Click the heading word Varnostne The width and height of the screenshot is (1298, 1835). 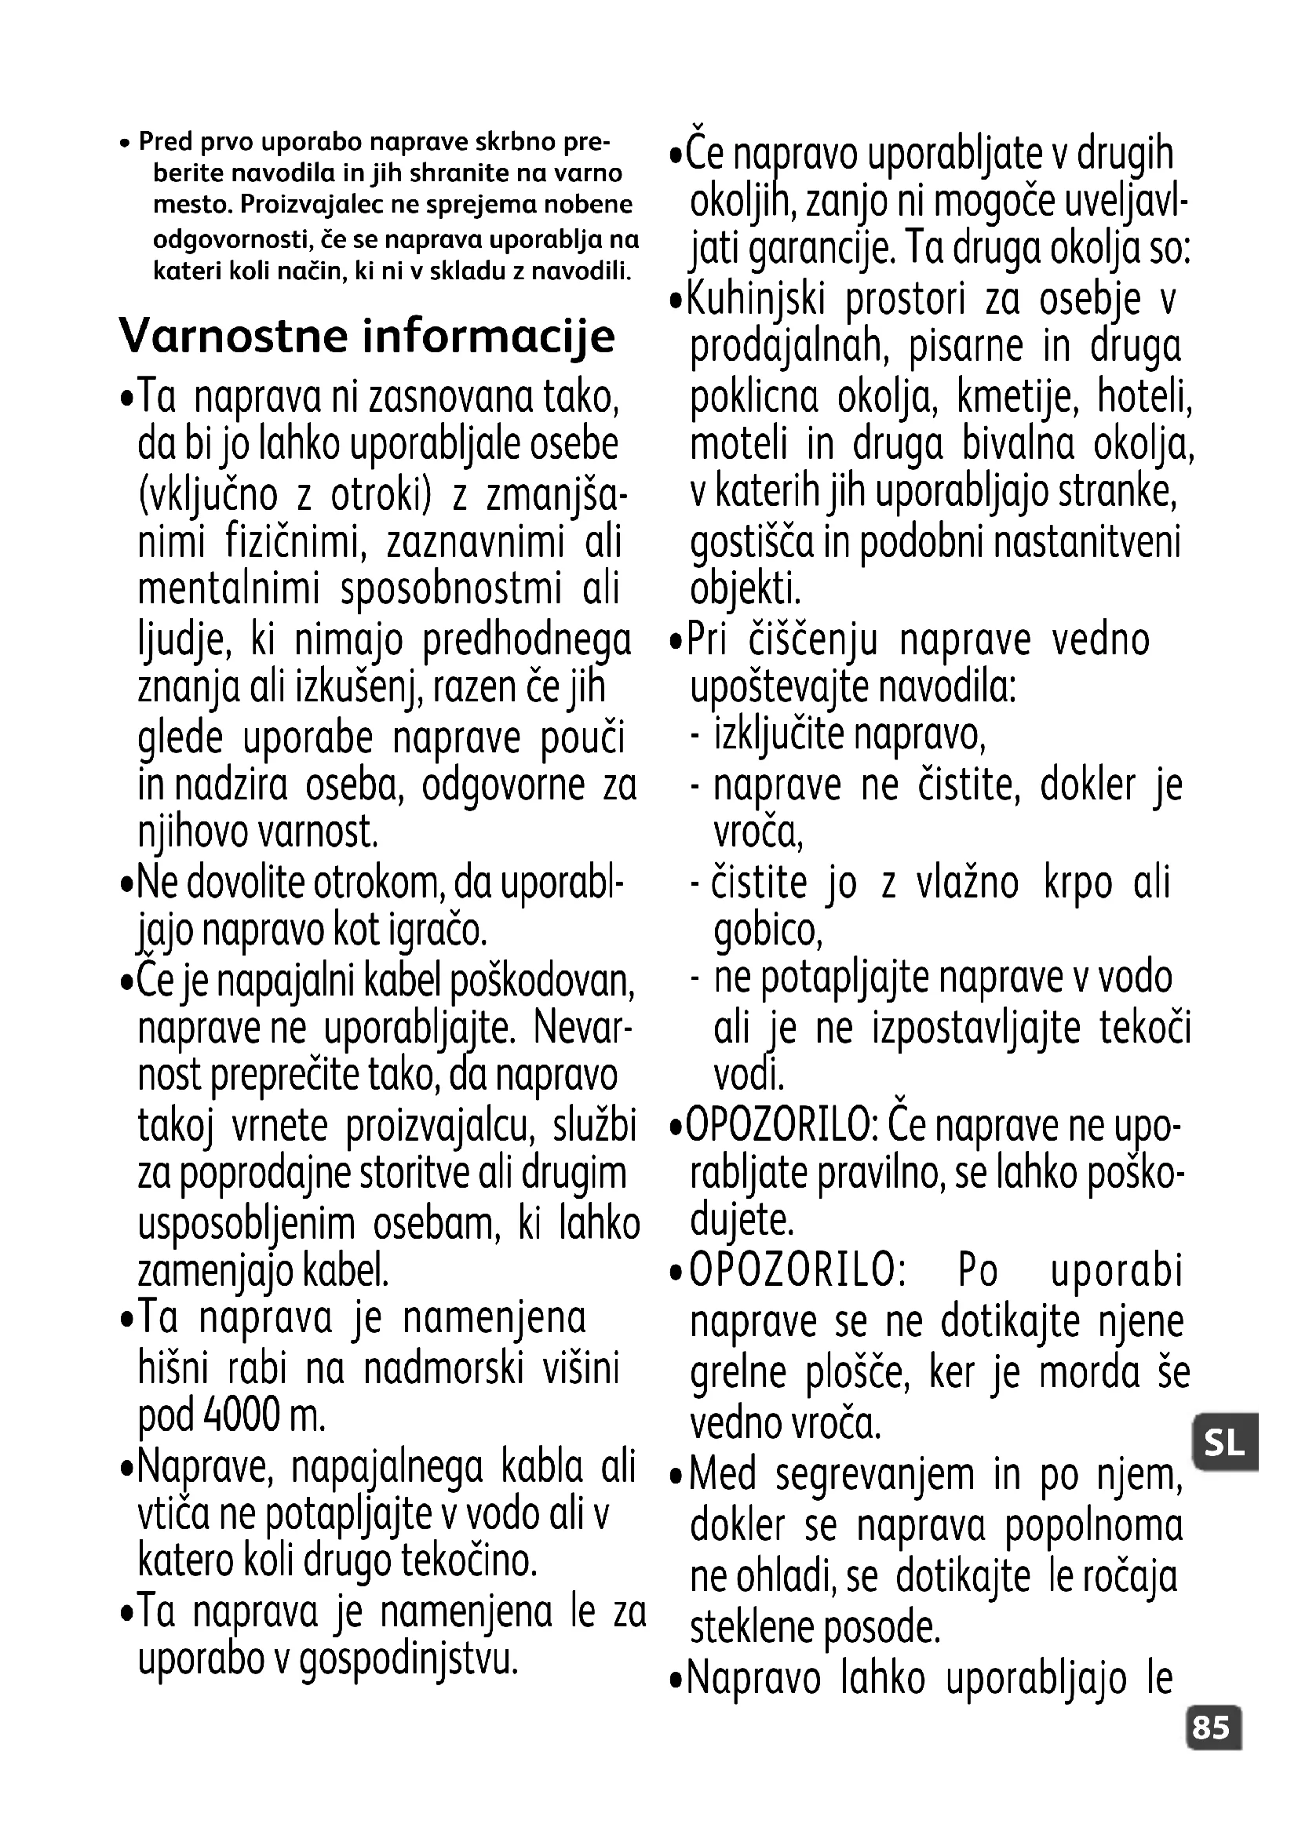[233, 336]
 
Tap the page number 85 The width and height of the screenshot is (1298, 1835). [1211, 1727]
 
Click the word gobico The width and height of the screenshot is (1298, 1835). [767, 930]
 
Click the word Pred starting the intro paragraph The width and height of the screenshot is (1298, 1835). [166, 141]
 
